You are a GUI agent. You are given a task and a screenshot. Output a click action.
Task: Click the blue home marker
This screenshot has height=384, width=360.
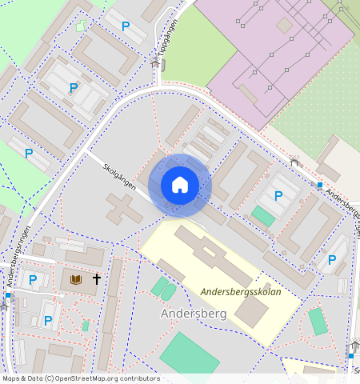(180, 185)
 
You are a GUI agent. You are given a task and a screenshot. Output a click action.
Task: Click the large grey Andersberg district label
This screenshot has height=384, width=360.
(194, 314)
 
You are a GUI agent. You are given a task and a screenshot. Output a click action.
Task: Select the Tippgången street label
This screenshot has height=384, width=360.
(169, 37)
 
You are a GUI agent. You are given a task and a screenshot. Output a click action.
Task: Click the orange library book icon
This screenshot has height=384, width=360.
(76, 279)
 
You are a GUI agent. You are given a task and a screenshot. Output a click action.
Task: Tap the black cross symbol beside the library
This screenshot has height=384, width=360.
(97, 279)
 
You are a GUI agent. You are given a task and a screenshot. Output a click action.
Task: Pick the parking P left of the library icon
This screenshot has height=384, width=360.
(33, 279)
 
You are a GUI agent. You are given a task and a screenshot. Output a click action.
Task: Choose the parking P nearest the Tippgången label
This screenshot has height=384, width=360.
(126, 26)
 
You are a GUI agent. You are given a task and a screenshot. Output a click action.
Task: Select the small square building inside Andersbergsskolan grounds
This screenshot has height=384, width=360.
(253, 311)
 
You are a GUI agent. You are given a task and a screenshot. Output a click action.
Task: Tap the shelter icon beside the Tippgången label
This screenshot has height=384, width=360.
(156, 61)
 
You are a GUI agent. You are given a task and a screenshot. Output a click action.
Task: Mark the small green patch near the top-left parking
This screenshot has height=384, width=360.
(80, 26)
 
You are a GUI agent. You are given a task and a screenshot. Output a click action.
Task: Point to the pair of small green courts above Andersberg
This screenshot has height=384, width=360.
(164, 288)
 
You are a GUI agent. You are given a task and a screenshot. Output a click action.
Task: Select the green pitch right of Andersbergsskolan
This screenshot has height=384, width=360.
(318, 321)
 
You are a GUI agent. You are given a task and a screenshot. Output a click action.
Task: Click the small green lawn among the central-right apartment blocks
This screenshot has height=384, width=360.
(262, 216)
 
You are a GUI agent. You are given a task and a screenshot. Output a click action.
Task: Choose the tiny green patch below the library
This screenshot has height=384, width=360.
(86, 326)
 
